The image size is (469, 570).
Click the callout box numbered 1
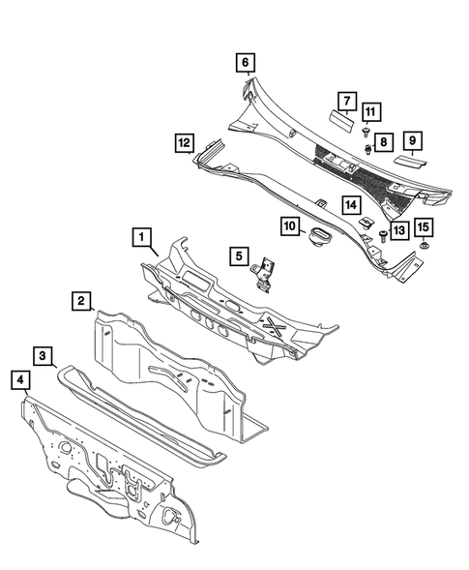click(141, 236)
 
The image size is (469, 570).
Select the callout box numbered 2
click(82, 301)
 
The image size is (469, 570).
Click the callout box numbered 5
click(236, 256)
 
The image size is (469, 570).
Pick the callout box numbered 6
click(246, 63)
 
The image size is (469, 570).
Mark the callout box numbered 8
click(382, 141)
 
